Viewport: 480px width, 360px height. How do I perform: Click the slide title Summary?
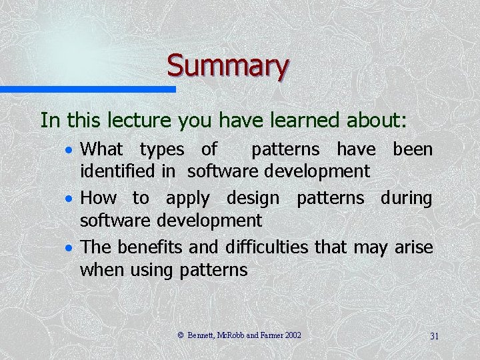pyautogui.click(x=227, y=66)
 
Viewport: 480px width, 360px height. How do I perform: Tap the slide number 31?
pyautogui.click(x=434, y=336)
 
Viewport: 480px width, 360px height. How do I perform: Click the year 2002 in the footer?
pyautogui.click(x=293, y=335)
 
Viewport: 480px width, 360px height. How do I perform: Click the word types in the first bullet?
pyautogui.click(x=161, y=149)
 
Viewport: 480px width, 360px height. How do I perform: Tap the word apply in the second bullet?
pyautogui.click(x=187, y=199)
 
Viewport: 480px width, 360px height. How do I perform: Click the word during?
pyautogui.click(x=406, y=199)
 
